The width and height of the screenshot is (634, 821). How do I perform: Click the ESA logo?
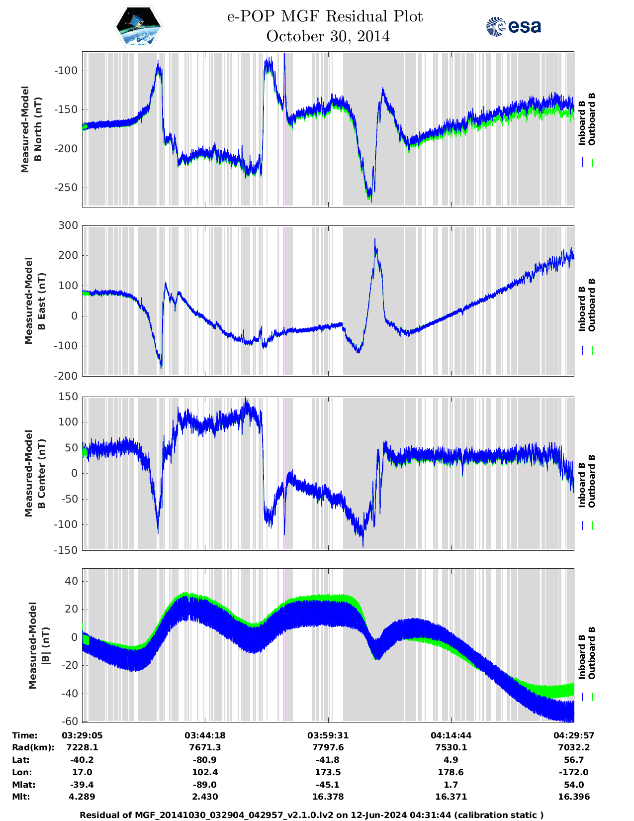click(513, 26)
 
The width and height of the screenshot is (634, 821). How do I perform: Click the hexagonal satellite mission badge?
click(138, 26)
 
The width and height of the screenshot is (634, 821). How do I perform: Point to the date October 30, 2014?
click(328, 36)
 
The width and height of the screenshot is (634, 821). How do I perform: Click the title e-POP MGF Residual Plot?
click(325, 16)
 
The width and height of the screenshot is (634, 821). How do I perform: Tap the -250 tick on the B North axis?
click(66, 188)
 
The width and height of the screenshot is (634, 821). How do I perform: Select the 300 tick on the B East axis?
click(69, 225)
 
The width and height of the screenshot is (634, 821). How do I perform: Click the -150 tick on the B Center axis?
click(66, 550)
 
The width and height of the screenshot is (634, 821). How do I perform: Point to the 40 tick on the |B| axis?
click(72, 581)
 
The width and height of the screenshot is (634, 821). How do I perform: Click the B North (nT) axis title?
click(32, 129)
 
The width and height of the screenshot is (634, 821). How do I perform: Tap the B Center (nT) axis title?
click(35, 473)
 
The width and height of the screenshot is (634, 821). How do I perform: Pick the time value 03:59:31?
click(328, 735)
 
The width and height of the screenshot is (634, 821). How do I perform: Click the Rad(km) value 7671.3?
click(205, 747)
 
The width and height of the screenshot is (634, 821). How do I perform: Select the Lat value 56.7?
click(574, 760)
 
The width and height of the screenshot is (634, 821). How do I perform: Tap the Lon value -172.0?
click(574, 772)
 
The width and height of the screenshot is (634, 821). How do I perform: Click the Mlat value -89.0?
click(205, 785)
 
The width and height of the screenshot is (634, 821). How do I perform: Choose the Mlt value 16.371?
click(451, 797)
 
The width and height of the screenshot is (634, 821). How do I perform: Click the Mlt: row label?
click(21, 797)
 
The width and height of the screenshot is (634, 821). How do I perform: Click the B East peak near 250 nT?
click(375, 240)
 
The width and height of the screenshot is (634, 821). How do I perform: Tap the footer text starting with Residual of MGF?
click(311, 815)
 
